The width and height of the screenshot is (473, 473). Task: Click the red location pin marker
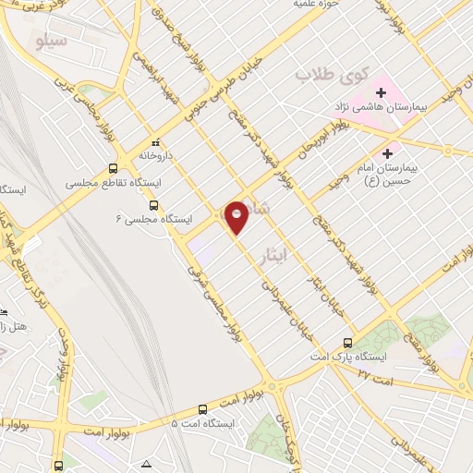click(236, 216)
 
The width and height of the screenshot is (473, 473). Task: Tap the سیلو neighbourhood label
click(51, 41)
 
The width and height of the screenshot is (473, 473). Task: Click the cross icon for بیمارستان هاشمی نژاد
click(381, 92)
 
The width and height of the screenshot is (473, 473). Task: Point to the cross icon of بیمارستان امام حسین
click(387, 153)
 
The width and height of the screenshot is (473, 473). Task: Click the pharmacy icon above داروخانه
click(156, 142)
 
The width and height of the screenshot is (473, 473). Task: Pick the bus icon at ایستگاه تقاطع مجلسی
click(113, 169)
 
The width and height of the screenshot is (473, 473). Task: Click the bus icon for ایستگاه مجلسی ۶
click(153, 205)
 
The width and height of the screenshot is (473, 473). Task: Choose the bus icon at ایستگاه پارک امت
click(347, 341)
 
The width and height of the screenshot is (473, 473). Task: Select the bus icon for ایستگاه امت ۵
click(203, 408)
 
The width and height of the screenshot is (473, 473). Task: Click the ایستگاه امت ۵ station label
click(203, 423)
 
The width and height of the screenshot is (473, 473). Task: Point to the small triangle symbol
click(146, 463)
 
